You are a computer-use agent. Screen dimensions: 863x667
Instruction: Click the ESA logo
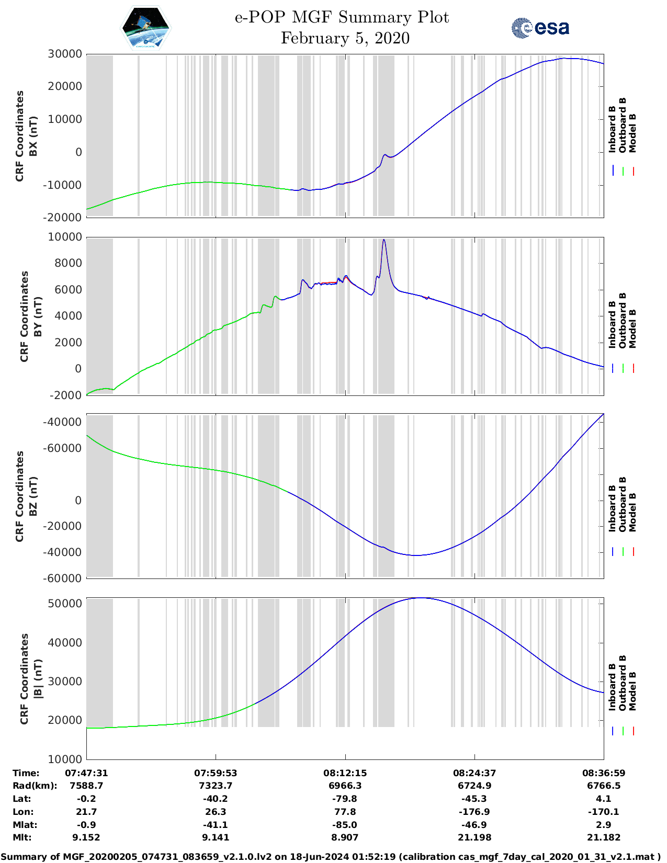pos(540,28)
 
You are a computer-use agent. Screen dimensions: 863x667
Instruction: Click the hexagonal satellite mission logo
pos(146,28)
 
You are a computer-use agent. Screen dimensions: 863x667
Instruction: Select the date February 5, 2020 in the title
pos(345,38)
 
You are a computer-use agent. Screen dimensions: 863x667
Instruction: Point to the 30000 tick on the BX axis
pos(65,54)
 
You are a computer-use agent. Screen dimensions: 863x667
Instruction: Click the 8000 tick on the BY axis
pos(68,263)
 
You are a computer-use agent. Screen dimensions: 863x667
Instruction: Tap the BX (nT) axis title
pos(33,136)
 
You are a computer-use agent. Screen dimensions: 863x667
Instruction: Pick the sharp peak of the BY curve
pos(384,240)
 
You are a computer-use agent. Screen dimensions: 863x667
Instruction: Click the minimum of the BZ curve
pos(415,555)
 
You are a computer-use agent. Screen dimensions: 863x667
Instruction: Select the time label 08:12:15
pos(345,773)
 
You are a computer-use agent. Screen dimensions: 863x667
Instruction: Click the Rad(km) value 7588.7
pos(86,786)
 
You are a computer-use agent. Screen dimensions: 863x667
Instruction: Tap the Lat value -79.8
pos(345,799)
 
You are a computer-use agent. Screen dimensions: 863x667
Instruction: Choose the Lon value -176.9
pos(474,812)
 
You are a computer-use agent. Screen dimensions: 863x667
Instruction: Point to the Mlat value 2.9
pos(604,825)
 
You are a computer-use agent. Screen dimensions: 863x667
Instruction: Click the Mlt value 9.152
pos(86,837)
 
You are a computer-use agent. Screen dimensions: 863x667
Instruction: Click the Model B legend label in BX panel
pos(632,133)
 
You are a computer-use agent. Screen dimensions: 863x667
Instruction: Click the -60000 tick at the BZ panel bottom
pos(65,578)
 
